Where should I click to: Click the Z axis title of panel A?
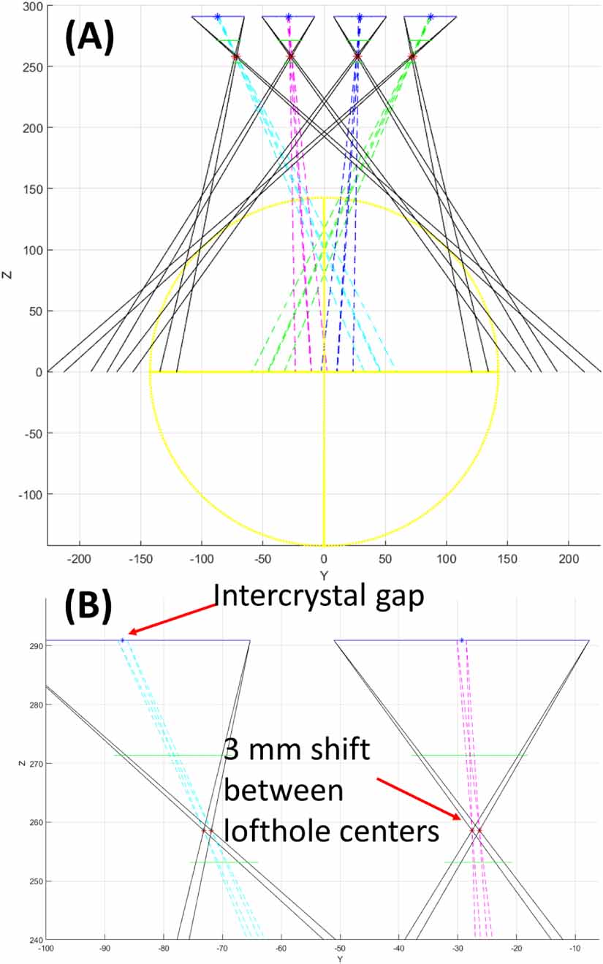pyautogui.click(x=7, y=275)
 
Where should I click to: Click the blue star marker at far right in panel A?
pyautogui.click(x=431, y=16)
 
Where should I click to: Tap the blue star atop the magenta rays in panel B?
pyautogui.click(x=461, y=641)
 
